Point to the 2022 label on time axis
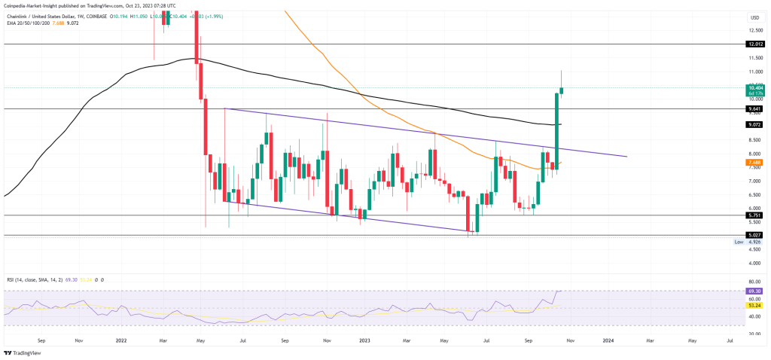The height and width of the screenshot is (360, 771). point(120,340)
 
